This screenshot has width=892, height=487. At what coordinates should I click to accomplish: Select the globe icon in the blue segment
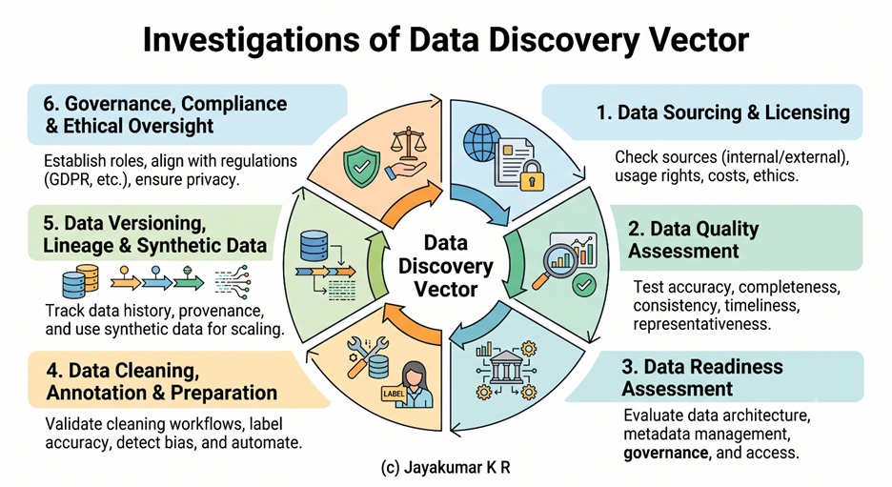[x=482, y=143]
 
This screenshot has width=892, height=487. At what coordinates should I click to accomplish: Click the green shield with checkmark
[x=361, y=166]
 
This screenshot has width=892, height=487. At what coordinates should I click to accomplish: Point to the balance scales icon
[x=407, y=142]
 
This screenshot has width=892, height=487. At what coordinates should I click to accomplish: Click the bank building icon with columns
[x=506, y=367]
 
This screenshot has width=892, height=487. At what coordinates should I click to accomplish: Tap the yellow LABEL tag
[x=394, y=394]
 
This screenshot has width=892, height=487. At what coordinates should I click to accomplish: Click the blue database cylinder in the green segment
[x=314, y=245]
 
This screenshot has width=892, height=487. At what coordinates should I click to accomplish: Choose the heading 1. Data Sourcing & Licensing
[x=723, y=112]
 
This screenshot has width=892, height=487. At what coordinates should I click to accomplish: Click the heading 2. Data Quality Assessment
[x=693, y=239]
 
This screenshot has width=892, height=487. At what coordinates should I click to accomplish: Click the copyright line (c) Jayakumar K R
[x=446, y=468]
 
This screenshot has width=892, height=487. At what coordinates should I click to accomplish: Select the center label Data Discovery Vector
[x=445, y=266]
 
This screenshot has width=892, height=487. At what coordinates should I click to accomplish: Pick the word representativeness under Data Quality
[x=702, y=324]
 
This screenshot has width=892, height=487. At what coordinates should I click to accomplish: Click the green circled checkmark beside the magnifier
[x=583, y=284]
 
